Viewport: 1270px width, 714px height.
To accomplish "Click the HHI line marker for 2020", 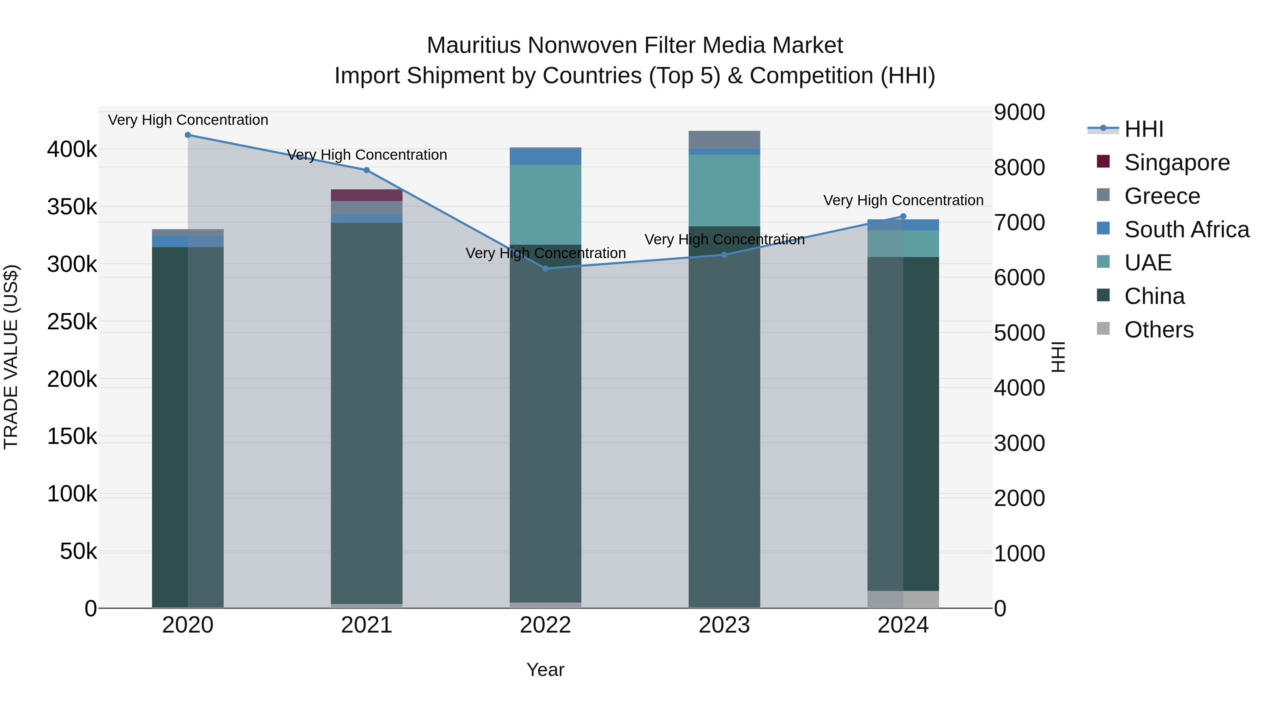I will click(x=188, y=135).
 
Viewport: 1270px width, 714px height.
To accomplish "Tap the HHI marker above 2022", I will click(x=545, y=269).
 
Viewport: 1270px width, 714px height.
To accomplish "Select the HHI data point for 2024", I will click(x=903, y=216).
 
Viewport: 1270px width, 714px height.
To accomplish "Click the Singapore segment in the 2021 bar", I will click(x=366, y=195).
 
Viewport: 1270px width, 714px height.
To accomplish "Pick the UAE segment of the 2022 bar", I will click(x=545, y=205).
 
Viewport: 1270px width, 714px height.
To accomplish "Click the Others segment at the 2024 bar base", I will click(x=903, y=599).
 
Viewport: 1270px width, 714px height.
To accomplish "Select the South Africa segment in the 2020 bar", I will click(x=188, y=242).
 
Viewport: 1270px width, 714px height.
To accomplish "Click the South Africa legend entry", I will click(x=1186, y=230).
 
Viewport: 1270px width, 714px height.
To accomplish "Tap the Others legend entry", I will click(x=1159, y=330).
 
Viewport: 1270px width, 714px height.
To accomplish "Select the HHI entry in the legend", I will click(x=1143, y=129).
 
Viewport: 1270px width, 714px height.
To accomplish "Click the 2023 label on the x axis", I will click(x=724, y=625).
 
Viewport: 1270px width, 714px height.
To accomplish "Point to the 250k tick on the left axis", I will click(x=72, y=322).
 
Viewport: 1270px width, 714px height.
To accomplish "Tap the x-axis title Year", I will click(x=545, y=670).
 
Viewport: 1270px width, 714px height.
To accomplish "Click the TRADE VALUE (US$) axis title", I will click(x=11, y=357).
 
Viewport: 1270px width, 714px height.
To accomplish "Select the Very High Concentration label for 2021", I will click(x=367, y=155).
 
